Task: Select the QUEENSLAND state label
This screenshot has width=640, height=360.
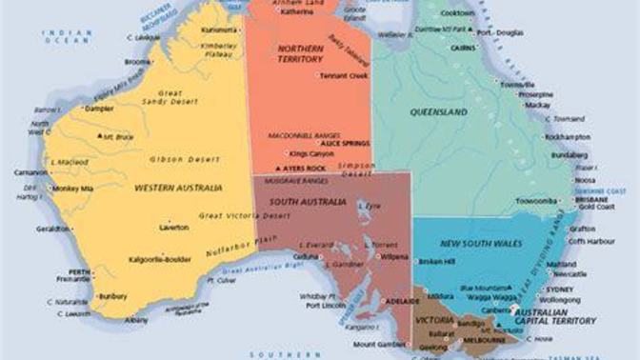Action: click(x=438, y=112)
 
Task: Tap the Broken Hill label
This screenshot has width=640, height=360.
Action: click(x=437, y=260)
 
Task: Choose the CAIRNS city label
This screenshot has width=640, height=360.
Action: click(x=464, y=46)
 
